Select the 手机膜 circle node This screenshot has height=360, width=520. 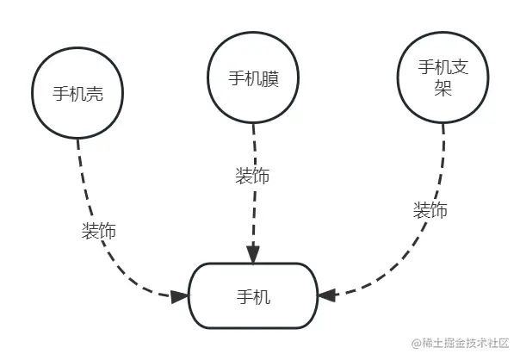tap(253, 78)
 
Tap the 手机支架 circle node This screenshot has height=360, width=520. tap(443, 78)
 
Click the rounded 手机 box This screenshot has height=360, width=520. tap(253, 295)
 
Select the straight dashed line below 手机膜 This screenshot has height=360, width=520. tap(253, 207)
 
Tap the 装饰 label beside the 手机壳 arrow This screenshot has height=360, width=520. tap(99, 231)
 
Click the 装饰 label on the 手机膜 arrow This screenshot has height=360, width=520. tap(251, 176)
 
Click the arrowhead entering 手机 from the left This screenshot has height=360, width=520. tap(180, 296)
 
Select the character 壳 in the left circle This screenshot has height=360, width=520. tap(96, 93)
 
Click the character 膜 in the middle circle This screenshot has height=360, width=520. tap(270, 78)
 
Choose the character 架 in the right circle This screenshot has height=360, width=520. tap(443, 89)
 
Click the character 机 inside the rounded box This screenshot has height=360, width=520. tap(262, 296)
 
